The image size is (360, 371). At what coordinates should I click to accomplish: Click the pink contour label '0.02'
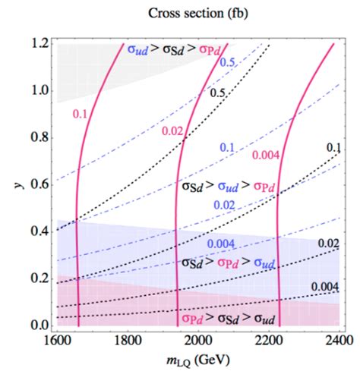click(x=172, y=132)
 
